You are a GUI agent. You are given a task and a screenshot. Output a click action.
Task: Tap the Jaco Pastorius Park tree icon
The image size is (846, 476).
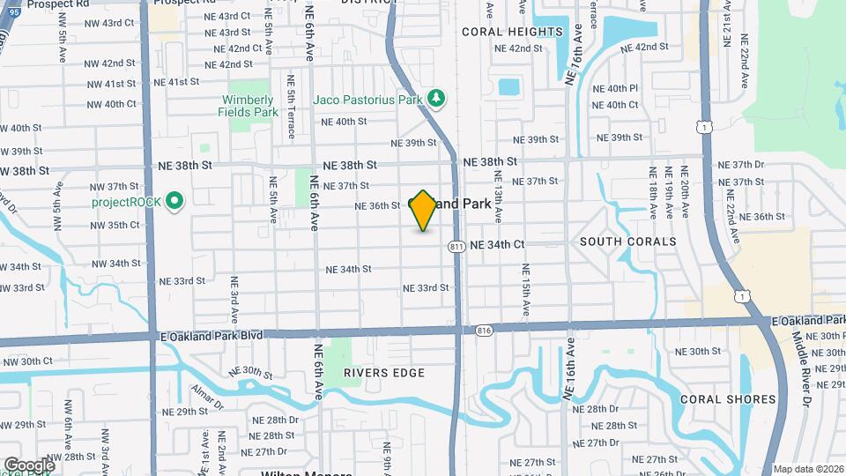(434, 96)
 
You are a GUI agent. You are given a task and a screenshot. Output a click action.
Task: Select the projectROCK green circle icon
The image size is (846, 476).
(174, 201)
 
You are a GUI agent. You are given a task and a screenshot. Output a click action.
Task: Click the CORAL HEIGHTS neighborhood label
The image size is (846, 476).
(512, 32)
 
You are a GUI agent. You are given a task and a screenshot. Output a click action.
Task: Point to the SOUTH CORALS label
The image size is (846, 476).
(628, 242)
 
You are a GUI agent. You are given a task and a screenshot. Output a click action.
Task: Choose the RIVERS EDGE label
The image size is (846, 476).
(384, 373)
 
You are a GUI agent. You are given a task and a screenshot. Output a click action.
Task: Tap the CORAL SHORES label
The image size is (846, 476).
(728, 399)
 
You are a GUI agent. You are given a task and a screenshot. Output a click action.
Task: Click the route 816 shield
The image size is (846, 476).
(482, 329)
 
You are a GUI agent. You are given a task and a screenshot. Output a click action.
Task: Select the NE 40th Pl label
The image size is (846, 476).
(615, 89)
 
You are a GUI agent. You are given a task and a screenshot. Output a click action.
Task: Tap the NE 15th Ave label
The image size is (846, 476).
(525, 292)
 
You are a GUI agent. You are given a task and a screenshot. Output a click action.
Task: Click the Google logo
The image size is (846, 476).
(29, 465)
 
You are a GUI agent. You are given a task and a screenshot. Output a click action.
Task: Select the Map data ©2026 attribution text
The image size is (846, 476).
(807, 469)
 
